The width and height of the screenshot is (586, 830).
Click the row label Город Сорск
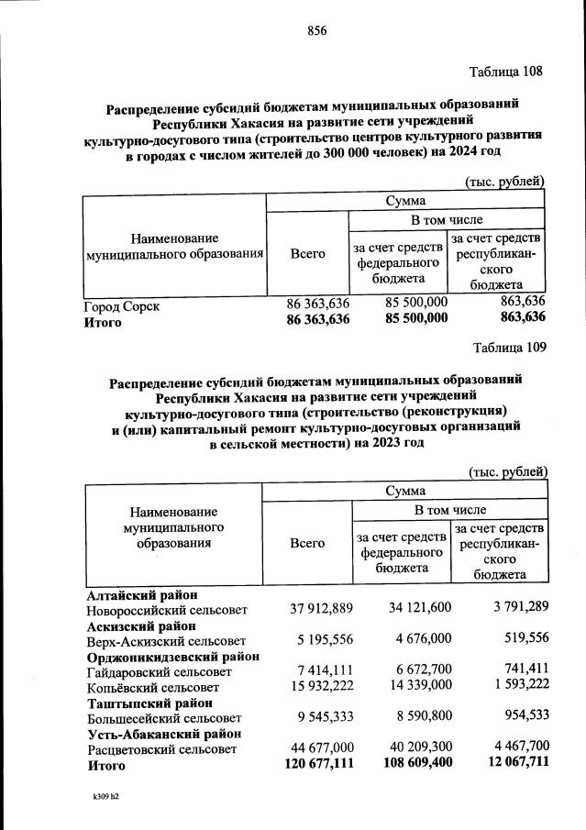tap(122, 306)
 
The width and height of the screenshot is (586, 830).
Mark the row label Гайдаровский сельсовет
tap(153, 672)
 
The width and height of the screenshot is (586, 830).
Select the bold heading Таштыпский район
tap(143, 703)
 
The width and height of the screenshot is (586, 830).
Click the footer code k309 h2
tap(105, 797)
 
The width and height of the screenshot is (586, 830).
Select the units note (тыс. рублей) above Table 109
tap(508, 471)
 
